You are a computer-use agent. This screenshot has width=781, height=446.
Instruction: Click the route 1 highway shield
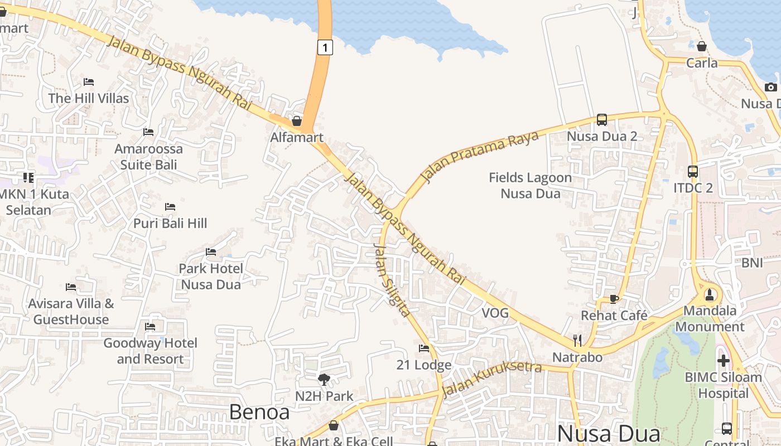[x=325, y=47]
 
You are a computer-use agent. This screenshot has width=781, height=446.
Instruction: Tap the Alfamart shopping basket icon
[x=297, y=121]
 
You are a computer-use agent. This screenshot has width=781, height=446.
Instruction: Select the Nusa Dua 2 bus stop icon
[x=601, y=119]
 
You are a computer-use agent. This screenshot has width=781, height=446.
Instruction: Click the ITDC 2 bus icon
[x=693, y=172]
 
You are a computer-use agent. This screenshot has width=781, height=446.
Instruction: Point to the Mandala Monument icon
[x=710, y=294]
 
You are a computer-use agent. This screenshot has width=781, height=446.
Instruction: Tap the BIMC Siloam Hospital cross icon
[x=724, y=361]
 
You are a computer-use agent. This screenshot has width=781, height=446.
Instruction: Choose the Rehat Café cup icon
[x=614, y=299]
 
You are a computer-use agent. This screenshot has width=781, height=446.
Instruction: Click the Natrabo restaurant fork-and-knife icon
[x=577, y=341]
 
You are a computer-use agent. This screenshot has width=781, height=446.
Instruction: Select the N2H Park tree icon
[x=324, y=380]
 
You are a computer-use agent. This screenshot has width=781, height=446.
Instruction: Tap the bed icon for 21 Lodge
[x=424, y=348]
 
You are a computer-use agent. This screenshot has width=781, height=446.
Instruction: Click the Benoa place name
[x=259, y=412]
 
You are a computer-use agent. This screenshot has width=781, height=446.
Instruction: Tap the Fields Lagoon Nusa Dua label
[x=530, y=186]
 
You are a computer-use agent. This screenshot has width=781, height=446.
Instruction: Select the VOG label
[x=495, y=313]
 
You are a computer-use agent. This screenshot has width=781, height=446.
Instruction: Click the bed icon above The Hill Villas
[x=89, y=82]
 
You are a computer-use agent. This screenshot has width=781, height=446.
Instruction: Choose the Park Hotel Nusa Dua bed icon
[x=211, y=252]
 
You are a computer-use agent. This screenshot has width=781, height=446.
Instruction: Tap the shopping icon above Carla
[x=702, y=46]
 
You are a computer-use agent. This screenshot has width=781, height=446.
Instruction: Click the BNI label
[x=752, y=263]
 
